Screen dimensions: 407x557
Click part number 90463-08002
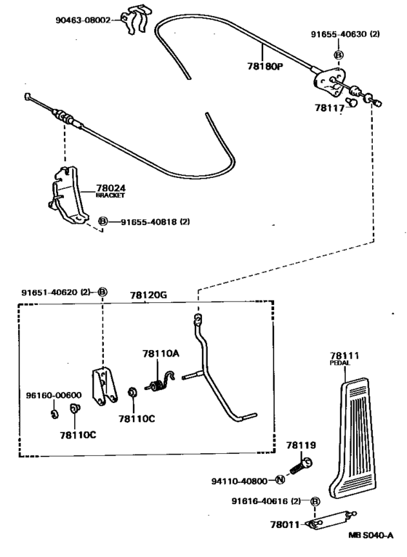[x=83, y=20]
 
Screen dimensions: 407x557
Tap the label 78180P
[x=265, y=66]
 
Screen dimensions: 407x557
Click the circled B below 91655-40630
[x=339, y=55]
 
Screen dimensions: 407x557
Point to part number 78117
[x=329, y=107]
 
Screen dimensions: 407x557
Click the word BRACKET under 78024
[x=110, y=195]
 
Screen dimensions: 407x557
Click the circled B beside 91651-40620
[x=102, y=292]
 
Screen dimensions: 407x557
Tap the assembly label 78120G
[x=148, y=295]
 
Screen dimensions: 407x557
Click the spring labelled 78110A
[x=161, y=382]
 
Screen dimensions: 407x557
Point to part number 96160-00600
[x=54, y=395]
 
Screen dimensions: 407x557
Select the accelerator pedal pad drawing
[x=352, y=439]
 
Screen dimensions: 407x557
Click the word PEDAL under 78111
[x=340, y=363]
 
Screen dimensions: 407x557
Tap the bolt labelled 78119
[x=302, y=466]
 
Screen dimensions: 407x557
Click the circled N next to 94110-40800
[x=281, y=479]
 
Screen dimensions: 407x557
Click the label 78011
[x=285, y=524]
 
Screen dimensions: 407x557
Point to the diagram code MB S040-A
[x=371, y=535]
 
